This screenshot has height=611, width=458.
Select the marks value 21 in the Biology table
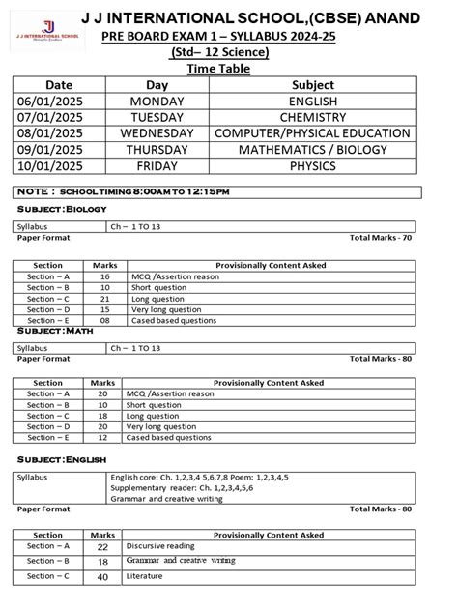coord(104,298)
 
